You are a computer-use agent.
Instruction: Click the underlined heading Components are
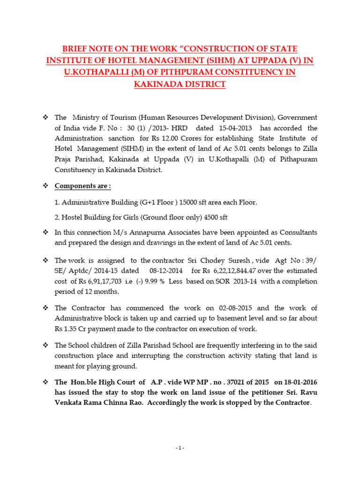pyautogui.click(x=82, y=186)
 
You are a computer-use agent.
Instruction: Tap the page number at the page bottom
pyautogui.click(x=180, y=448)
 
